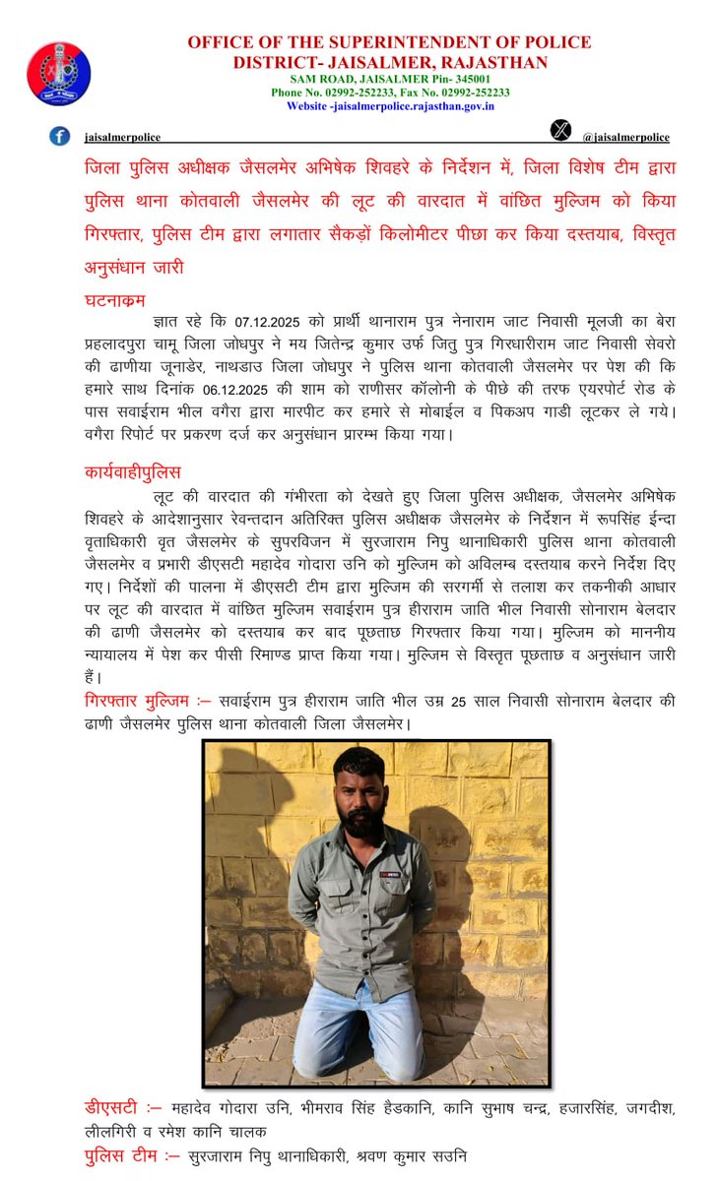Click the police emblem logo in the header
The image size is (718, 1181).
click(x=58, y=75)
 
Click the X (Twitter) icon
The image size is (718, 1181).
click(x=560, y=130)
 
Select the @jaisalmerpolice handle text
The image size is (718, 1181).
click(x=625, y=138)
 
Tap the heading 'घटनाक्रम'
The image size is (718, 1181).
click(x=116, y=300)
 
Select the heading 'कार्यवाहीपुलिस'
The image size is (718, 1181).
click(x=132, y=472)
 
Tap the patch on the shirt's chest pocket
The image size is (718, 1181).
click(x=395, y=872)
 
